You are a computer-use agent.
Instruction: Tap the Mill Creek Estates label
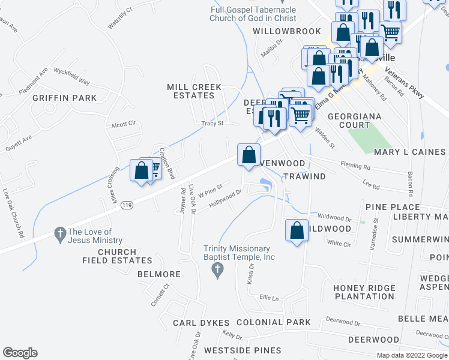coord(194,91)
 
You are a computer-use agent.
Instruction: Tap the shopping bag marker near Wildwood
coord(297,231)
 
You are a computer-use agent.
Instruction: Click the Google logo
coord(20,352)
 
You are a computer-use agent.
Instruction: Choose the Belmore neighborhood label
coord(159,274)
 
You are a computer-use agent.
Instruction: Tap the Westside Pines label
coord(242,350)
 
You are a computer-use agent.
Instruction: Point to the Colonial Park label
coord(274,322)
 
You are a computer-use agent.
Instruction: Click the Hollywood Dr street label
coord(225,199)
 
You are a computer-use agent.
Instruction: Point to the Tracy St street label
coord(212,124)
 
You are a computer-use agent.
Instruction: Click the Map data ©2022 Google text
coord(412,355)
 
